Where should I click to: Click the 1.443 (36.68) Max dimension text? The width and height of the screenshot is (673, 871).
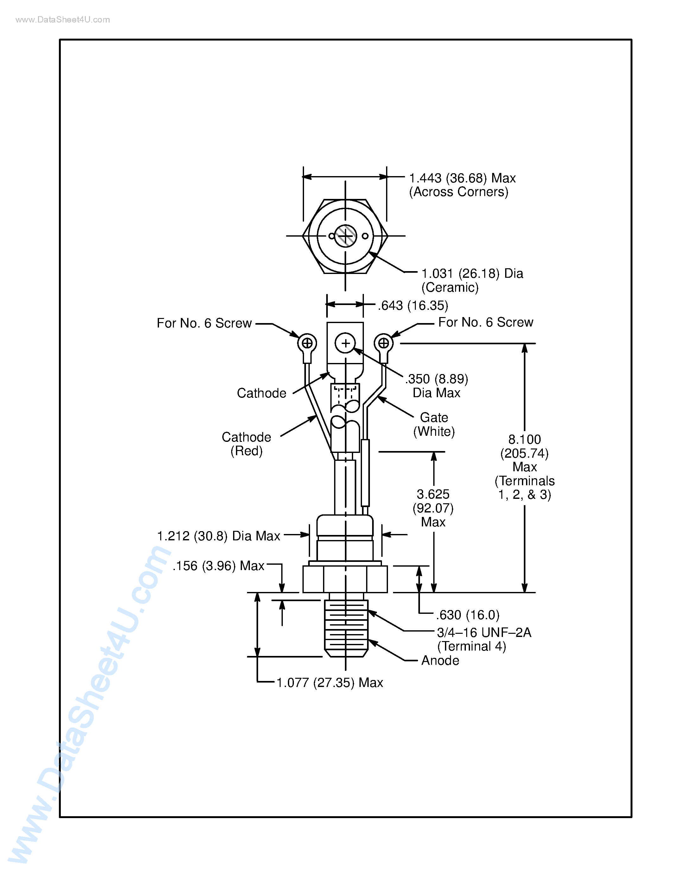(x=462, y=178)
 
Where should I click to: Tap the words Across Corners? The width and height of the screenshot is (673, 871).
(x=459, y=192)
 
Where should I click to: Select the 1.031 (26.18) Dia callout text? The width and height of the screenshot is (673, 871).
(x=472, y=274)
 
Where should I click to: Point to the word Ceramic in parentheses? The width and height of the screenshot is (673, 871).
(x=450, y=287)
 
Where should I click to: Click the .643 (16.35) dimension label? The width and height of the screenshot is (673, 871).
(x=413, y=306)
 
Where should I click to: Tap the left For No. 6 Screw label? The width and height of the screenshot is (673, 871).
(x=204, y=323)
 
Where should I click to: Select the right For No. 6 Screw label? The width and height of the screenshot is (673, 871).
(x=486, y=322)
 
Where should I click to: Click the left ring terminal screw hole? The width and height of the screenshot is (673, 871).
(x=307, y=343)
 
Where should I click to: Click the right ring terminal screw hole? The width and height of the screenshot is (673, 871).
(x=384, y=343)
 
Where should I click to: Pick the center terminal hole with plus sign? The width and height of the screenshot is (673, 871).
(x=345, y=343)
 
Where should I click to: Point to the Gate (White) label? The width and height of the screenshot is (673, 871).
(x=434, y=424)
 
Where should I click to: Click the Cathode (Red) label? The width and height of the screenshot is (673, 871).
(x=246, y=443)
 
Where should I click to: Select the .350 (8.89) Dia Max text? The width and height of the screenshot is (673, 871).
(x=436, y=386)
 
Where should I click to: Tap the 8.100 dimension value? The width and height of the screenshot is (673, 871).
(x=524, y=440)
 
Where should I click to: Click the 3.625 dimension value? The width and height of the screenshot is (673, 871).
(x=433, y=494)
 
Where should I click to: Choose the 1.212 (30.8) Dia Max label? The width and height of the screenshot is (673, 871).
(x=219, y=536)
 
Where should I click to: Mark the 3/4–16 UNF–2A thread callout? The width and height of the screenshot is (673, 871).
(x=484, y=633)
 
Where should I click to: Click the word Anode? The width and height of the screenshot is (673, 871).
(x=440, y=660)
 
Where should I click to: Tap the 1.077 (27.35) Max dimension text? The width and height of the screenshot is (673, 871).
(x=329, y=683)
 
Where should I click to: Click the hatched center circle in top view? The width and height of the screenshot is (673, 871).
(x=345, y=236)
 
